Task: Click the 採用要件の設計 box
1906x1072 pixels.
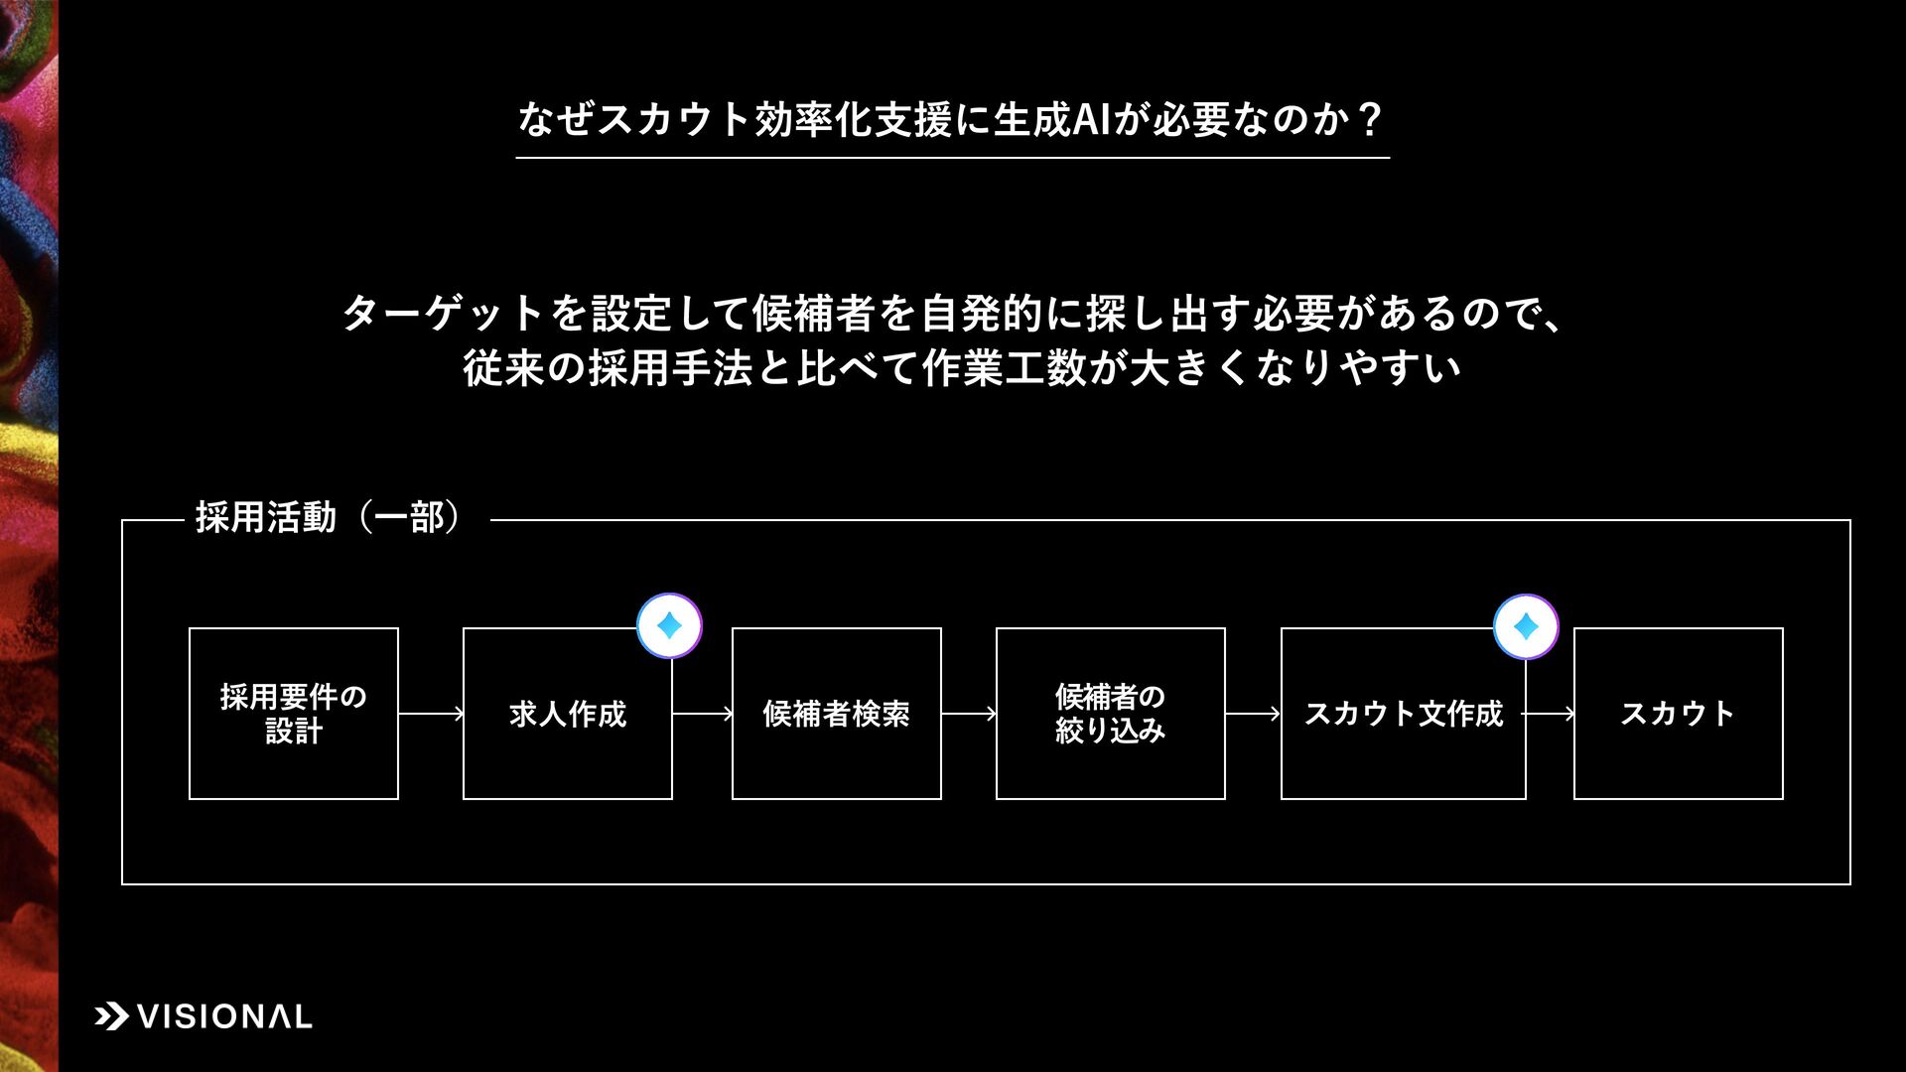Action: coord(294,713)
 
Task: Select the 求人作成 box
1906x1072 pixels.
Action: coord(567,713)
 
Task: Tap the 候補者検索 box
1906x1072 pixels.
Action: coord(836,713)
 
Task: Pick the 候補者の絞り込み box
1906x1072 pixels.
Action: coord(1110,713)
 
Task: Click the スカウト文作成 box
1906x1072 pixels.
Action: coord(1403,713)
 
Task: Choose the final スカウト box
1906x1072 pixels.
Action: coord(1678,713)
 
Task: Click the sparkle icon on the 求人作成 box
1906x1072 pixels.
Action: coord(669,626)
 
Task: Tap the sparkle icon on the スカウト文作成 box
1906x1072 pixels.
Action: coord(1526,626)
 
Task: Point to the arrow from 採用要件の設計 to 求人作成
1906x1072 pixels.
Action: coord(431,713)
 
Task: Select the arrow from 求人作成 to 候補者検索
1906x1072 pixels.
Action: coord(702,713)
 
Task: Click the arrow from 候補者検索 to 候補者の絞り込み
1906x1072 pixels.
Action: coord(968,713)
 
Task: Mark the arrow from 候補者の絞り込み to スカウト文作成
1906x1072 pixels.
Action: coord(1253,713)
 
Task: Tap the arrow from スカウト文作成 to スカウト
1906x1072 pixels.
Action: coord(1550,713)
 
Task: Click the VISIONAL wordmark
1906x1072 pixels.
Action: coord(224,1016)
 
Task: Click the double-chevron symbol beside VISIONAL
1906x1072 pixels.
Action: coord(111,1016)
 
